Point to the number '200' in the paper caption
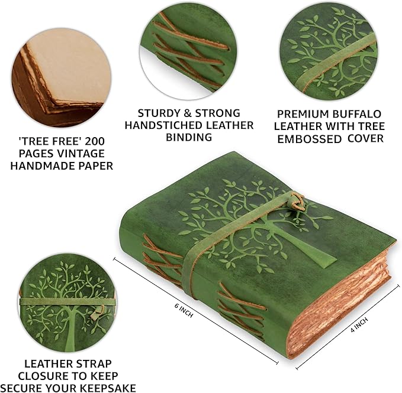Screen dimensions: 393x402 point(102,141)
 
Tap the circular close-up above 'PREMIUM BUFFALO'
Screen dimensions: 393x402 point(328,50)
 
